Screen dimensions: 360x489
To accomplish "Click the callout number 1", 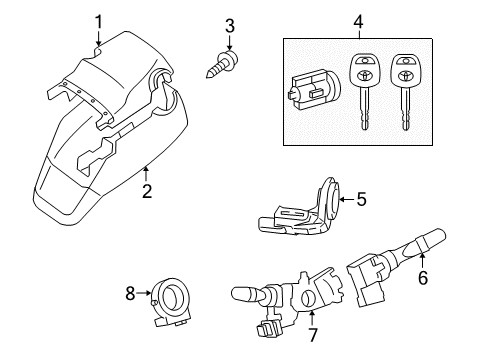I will tap(98, 21).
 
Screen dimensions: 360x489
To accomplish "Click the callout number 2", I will tap(147, 190).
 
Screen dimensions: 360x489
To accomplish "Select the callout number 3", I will tap(229, 24).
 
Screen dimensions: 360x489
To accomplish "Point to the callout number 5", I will tap(361, 199).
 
